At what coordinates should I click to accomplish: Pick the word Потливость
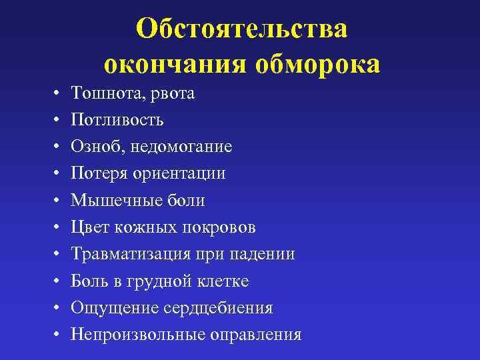(x=117, y=120)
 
